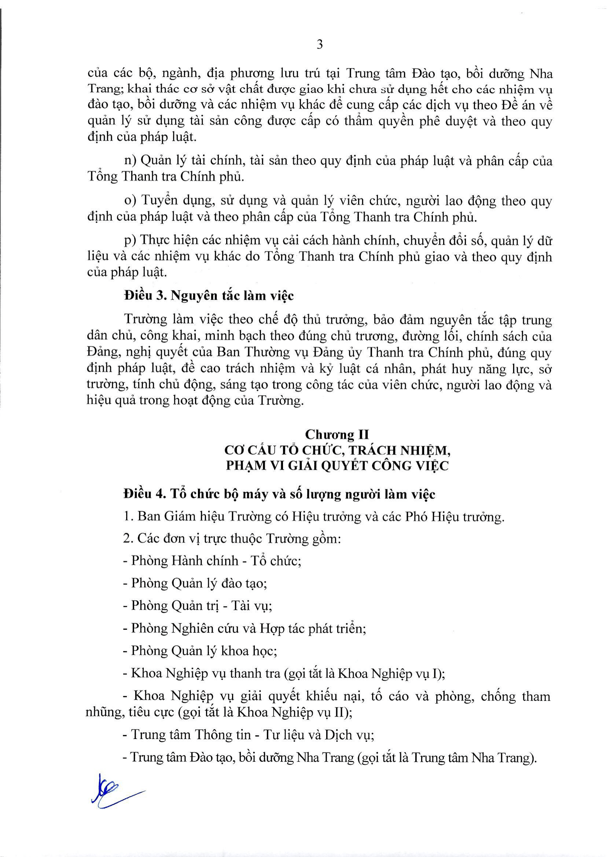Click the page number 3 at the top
(320, 45)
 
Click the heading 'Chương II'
(337, 435)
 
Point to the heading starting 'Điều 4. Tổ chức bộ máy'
(279, 494)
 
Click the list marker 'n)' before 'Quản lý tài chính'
(131, 161)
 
